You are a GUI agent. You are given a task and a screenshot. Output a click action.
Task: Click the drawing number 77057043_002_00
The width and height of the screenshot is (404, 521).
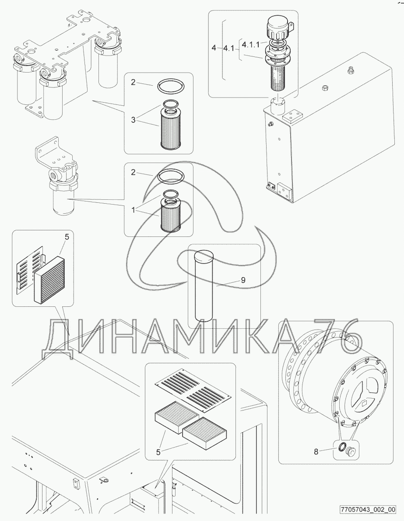[x=368, y=509]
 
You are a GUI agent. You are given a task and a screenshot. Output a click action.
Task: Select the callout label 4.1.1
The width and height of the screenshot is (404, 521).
[x=251, y=43]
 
